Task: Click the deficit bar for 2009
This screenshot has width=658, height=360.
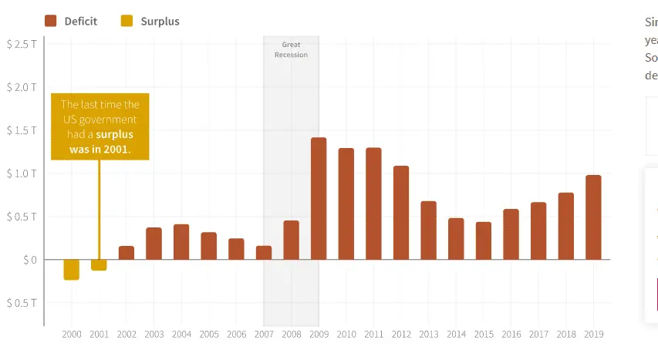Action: coord(319,198)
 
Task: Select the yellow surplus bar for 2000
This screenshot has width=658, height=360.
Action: coord(72,269)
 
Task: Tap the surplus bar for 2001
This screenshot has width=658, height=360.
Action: coord(99,264)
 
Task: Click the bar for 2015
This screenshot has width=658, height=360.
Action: coord(484,241)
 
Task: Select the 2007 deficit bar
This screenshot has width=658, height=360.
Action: coord(264,252)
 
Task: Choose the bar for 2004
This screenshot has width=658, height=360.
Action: coord(181,241)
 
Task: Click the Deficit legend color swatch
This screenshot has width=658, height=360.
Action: coord(52,21)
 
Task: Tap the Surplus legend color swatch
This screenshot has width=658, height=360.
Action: coord(127,21)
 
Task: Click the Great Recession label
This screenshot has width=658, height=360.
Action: coord(291,50)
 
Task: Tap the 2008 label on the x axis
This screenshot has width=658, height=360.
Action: coord(291,335)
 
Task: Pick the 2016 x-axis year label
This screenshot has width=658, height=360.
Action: coord(511,335)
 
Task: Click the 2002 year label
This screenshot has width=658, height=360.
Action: coord(127,335)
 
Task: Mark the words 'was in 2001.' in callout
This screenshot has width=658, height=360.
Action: coord(100,149)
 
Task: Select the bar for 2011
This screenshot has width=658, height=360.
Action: coord(373,204)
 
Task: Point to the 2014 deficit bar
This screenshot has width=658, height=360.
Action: coord(456,238)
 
